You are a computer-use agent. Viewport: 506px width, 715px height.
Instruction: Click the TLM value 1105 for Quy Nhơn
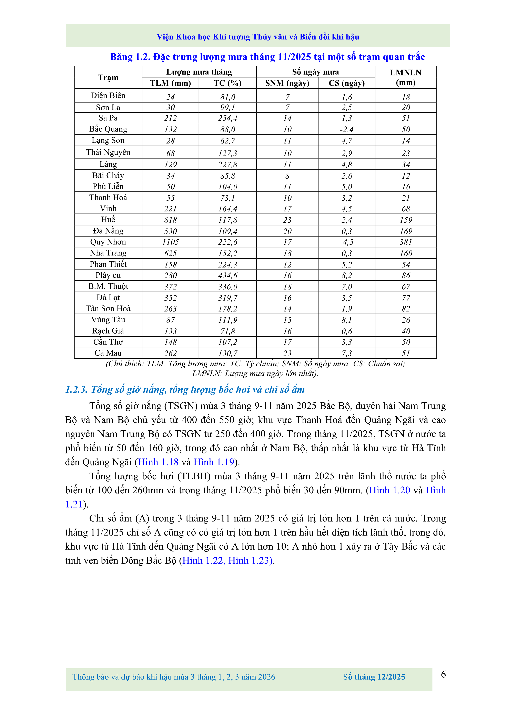pyautogui.click(x=170, y=242)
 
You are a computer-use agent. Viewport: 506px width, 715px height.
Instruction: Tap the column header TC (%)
pyautogui.click(x=227, y=83)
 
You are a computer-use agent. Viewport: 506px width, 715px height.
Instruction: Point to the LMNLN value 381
pyautogui.click(x=406, y=242)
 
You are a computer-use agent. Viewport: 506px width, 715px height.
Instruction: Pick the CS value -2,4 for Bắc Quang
pyautogui.click(x=346, y=129)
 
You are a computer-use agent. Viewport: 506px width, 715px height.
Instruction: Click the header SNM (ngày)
pyautogui.click(x=287, y=83)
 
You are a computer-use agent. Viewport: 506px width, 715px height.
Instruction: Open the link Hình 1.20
pyautogui.click(x=389, y=490)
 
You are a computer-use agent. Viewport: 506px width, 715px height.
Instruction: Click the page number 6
pyautogui.click(x=443, y=674)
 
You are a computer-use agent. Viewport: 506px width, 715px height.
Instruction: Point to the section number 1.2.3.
pyautogui.click(x=76, y=390)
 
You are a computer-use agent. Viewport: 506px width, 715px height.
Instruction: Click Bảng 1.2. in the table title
pyautogui.click(x=130, y=57)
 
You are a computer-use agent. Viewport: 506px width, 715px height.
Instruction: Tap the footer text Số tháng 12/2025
pyautogui.click(x=374, y=677)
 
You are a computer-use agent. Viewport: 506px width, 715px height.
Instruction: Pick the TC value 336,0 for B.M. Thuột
pyautogui.click(x=227, y=286)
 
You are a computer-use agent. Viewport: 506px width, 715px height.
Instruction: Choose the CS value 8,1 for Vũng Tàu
pyautogui.click(x=346, y=320)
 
